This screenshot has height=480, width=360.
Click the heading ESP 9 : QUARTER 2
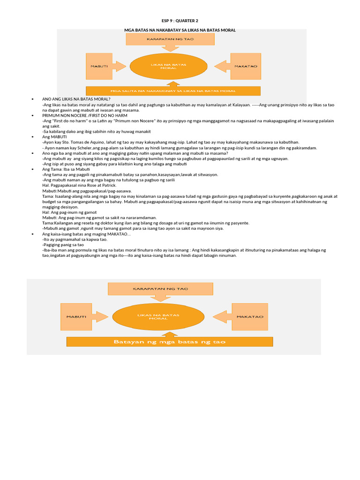coord(180,21)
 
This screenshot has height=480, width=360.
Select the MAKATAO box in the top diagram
coord(246,66)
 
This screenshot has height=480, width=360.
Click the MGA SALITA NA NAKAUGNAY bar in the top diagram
coord(173,90)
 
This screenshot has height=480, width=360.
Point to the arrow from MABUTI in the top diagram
coord(120,66)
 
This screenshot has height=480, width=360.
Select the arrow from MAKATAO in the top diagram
coord(223,66)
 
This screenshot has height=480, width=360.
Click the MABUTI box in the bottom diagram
coord(75,316)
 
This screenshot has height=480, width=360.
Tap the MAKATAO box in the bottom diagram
coord(250,317)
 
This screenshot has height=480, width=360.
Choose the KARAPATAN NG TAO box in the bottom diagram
coord(160,289)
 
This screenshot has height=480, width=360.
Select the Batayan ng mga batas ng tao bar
coord(170,342)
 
